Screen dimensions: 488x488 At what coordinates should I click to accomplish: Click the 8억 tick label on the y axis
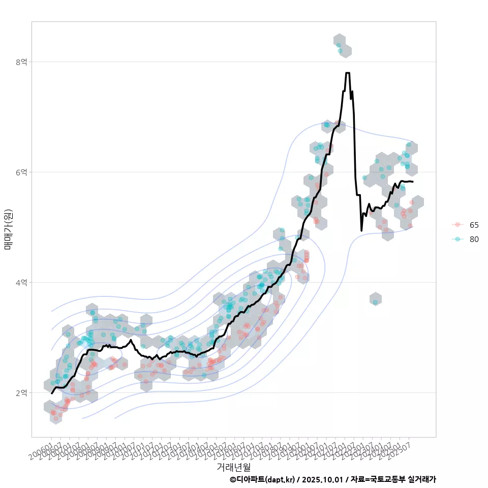coord(21,62)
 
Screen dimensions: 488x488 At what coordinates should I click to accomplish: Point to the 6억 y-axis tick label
coord(21,172)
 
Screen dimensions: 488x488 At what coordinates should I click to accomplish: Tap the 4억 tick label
coord(21,283)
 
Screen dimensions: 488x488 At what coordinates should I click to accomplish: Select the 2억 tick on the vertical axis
coord(21,393)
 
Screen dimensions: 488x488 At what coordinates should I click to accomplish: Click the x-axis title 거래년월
coord(233,467)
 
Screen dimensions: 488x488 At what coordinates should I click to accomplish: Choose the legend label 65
coord(474,225)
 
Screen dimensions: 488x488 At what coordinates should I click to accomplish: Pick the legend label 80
coord(474,239)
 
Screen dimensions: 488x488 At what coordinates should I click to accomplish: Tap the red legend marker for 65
coord(458,225)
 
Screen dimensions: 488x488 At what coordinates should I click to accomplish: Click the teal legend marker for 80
coord(458,239)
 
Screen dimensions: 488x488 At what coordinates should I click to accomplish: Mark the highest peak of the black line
coord(348,73)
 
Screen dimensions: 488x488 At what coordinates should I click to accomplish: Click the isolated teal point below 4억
coord(375,302)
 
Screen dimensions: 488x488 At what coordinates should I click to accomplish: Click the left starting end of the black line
coord(52,393)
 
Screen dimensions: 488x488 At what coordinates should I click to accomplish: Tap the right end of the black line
coord(413,181)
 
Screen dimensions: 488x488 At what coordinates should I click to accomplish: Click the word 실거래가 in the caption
coord(422,479)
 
